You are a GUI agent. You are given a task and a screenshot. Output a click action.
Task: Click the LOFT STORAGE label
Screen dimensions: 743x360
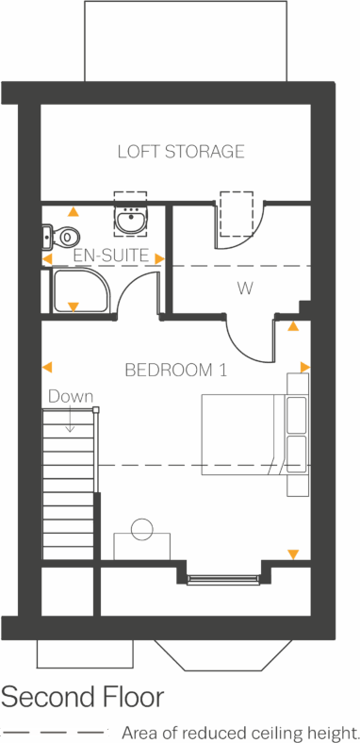(x=181, y=152)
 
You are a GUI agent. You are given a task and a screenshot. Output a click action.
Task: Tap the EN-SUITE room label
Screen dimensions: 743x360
(x=110, y=256)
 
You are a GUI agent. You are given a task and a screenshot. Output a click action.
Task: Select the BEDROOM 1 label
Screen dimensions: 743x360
(x=175, y=371)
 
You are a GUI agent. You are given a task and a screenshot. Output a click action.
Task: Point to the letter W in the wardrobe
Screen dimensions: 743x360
(x=245, y=289)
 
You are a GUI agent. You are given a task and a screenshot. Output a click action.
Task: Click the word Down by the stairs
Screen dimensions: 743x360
(x=71, y=397)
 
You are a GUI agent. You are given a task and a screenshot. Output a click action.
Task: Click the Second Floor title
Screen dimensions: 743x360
(x=82, y=698)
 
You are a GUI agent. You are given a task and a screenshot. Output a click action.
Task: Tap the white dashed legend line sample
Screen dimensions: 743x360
(x=55, y=732)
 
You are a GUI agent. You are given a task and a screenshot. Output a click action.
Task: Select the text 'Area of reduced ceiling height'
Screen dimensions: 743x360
(x=239, y=732)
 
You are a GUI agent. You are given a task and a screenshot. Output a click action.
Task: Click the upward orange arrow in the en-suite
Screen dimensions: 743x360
(x=74, y=212)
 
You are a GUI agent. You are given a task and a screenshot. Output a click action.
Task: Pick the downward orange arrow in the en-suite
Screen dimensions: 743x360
(x=74, y=306)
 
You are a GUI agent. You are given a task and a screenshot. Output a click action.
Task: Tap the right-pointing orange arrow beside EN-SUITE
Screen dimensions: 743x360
(x=159, y=258)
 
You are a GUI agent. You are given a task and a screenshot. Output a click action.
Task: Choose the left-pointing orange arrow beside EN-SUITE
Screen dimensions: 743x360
(x=47, y=258)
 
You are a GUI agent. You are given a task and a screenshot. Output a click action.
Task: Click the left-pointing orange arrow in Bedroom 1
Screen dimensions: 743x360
(x=47, y=367)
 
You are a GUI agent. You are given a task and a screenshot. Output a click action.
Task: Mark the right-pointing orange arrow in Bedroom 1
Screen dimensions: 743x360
(x=304, y=367)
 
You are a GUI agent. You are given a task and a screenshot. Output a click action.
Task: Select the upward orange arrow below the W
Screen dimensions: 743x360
(x=293, y=326)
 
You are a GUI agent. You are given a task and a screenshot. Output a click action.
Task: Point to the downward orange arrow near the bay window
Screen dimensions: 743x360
(x=293, y=555)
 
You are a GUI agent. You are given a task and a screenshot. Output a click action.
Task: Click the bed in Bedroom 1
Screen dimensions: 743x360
(x=243, y=435)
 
